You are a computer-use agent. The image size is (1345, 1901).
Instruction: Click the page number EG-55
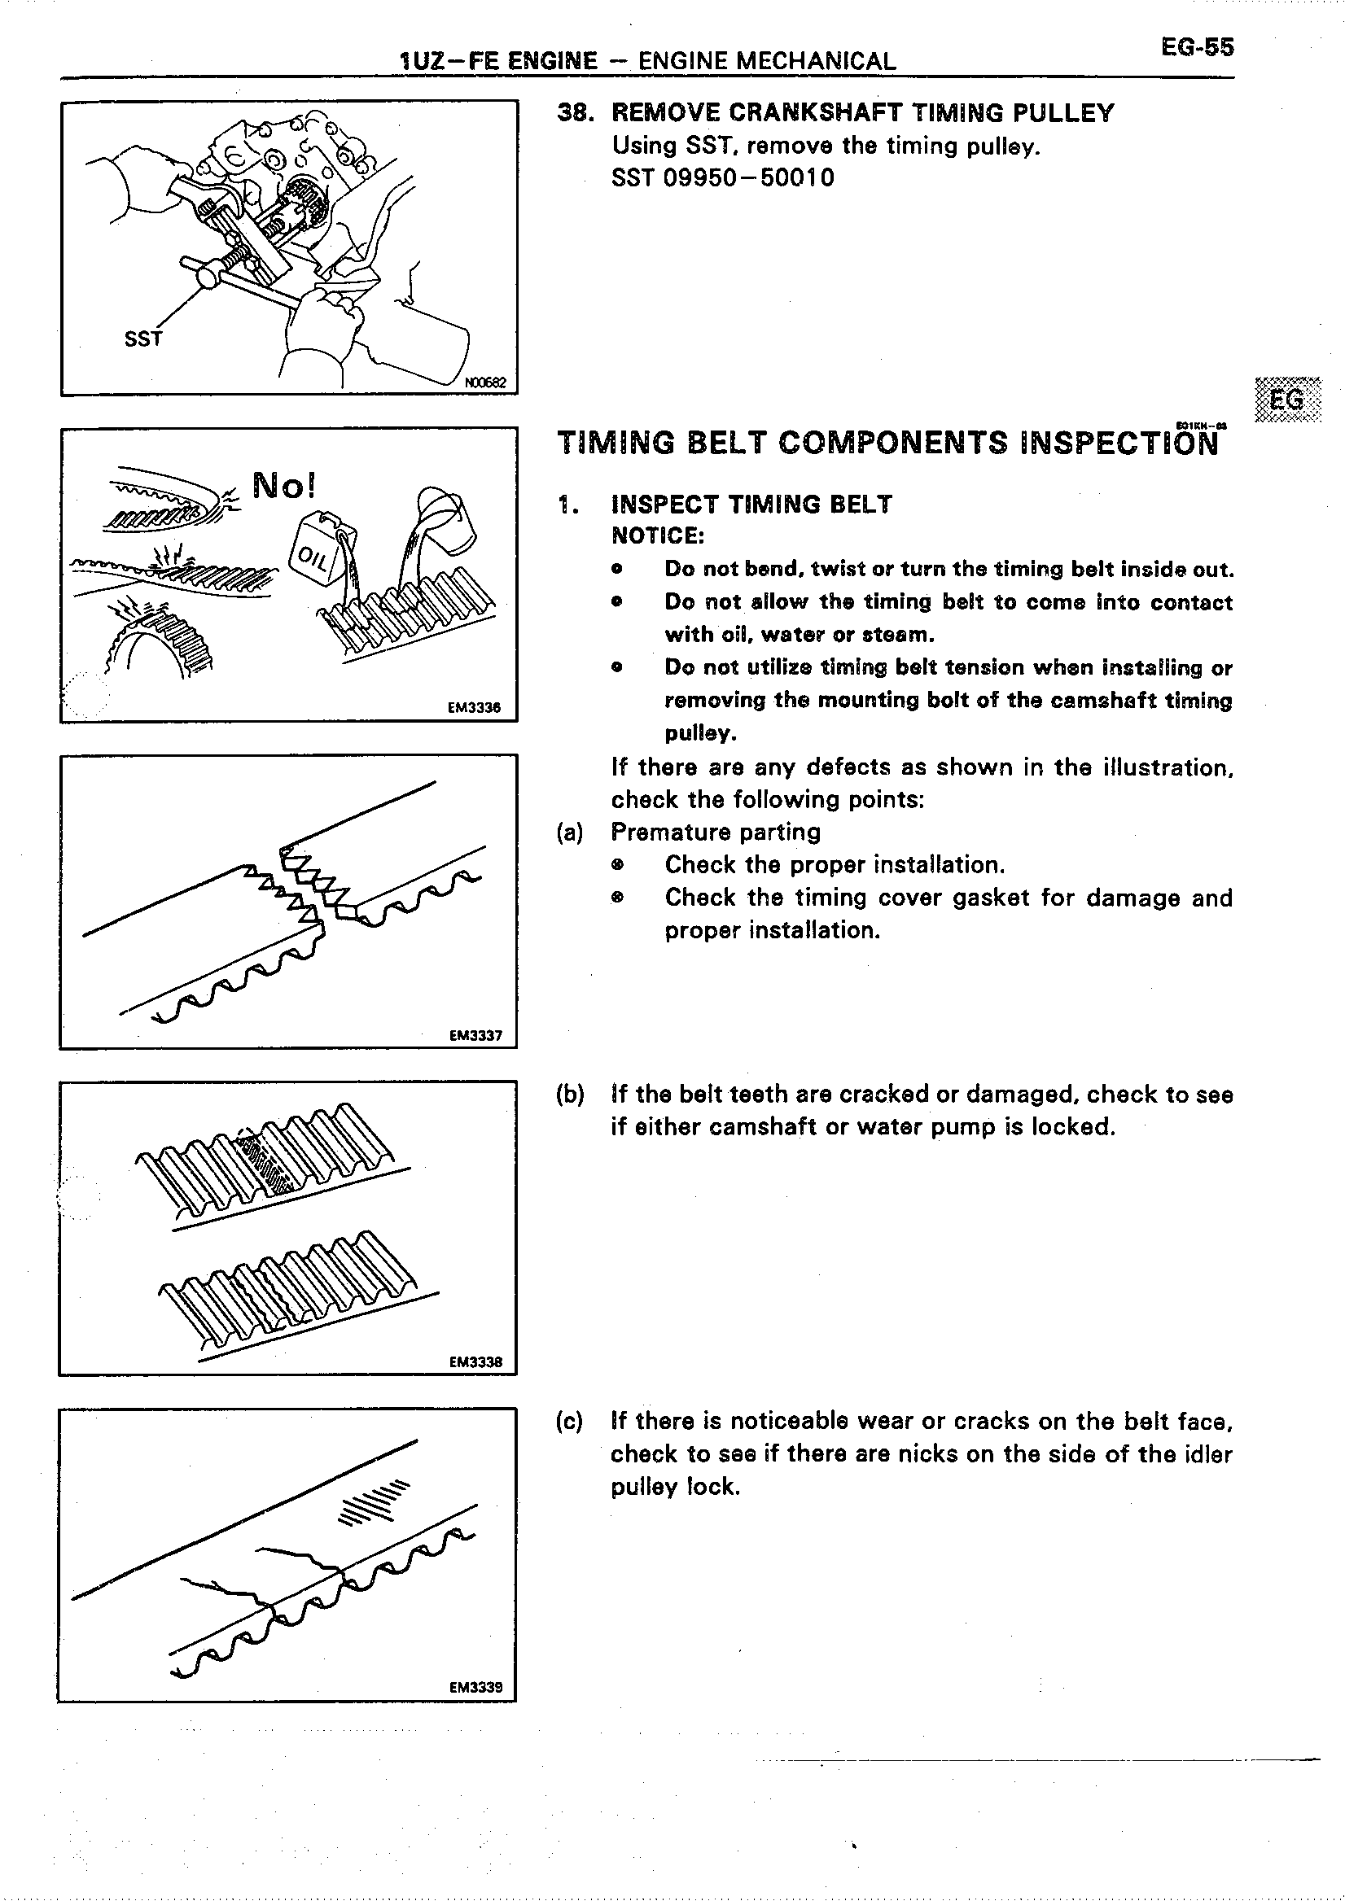[1197, 47]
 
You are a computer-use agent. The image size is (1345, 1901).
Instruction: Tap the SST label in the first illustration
[142, 339]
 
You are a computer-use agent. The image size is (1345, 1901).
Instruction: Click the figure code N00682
[488, 383]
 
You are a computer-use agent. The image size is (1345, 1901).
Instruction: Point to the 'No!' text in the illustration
[283, 486]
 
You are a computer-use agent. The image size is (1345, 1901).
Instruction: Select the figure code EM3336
[474, 708]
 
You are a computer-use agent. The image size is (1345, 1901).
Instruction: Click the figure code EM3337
[475, 1036]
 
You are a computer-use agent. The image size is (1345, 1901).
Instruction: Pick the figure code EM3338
[475, 1362]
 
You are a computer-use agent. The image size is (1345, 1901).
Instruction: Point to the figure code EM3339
[475, 1689]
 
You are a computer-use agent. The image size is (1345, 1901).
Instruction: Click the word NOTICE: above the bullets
[658, 536]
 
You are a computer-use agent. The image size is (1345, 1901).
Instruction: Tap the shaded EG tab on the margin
[1287, 400]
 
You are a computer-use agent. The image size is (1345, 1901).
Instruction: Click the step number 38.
[572, 112]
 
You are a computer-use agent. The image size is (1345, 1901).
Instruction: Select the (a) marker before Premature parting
[570, 833]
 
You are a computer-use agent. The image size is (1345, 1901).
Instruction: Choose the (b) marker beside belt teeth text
[570, 1095]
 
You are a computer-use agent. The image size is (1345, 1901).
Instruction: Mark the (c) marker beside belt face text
[570, 1422]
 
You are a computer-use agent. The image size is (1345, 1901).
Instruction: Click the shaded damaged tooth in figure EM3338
[265, 1164]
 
